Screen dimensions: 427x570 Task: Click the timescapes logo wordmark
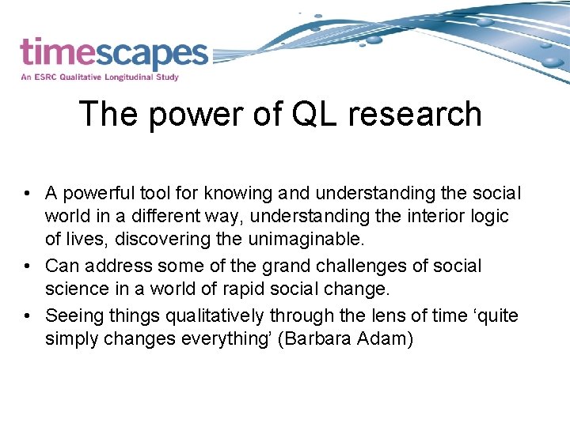point(114,53)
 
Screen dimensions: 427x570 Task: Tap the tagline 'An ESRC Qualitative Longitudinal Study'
point(100,77)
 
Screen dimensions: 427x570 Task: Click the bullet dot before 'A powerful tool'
point(27,194)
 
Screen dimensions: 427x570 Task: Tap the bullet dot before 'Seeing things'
point(27,316)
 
